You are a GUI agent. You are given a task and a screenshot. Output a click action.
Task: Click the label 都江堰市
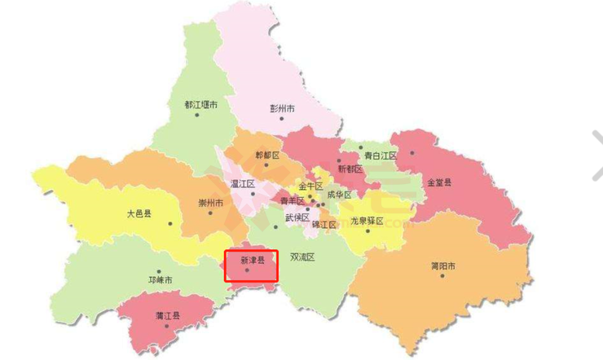pyautogui.click(x=200, y=105)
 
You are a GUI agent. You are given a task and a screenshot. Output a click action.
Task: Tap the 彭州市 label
pyautogui.click(x=282, y=108)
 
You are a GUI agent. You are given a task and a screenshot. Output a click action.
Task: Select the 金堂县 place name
pyautogui.click(x=438, y=182)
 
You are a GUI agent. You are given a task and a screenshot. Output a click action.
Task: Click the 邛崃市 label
pyautogui.click(x=161, y=279)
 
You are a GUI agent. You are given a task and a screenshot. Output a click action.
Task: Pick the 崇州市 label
pyautogui.click(x=211, y=203)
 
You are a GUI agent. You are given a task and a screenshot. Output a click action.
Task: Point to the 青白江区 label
pyautogui.click(x=380, y=155)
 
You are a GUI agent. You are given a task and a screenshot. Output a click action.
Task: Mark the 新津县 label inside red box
pyautogui.click(x=252, y=261)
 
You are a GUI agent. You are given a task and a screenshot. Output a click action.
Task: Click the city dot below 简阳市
pyautogui.click(x=442, y=275)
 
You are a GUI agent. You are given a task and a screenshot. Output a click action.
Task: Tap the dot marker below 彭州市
pyautogui.click(x=282, y=118)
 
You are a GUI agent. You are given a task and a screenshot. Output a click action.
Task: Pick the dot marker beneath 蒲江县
pyautogui.click(x=169, y=324)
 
